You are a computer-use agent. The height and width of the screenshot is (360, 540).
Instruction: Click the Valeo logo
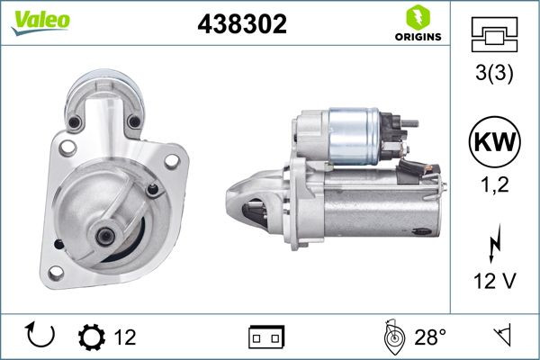pyautogui.click(x=36, y=21)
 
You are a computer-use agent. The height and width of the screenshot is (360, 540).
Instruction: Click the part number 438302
pyautogui.click(x=241, y=26)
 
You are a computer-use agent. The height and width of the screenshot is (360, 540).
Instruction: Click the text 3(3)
pyautogui.click(x=494, y=76)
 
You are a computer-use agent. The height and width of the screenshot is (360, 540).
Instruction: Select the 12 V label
pyautogui.click(x=494, y=283)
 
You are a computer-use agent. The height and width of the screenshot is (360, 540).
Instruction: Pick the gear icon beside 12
pyautogui.click(x=91, y=337)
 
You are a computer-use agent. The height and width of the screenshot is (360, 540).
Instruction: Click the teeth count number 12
pyautogui.click(x=125, y=337)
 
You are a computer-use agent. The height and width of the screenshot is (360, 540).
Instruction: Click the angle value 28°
pyautogui.click(x=430, y=337)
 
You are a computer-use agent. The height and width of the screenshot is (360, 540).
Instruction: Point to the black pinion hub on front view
pyautogui.click(x=105, y=236)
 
